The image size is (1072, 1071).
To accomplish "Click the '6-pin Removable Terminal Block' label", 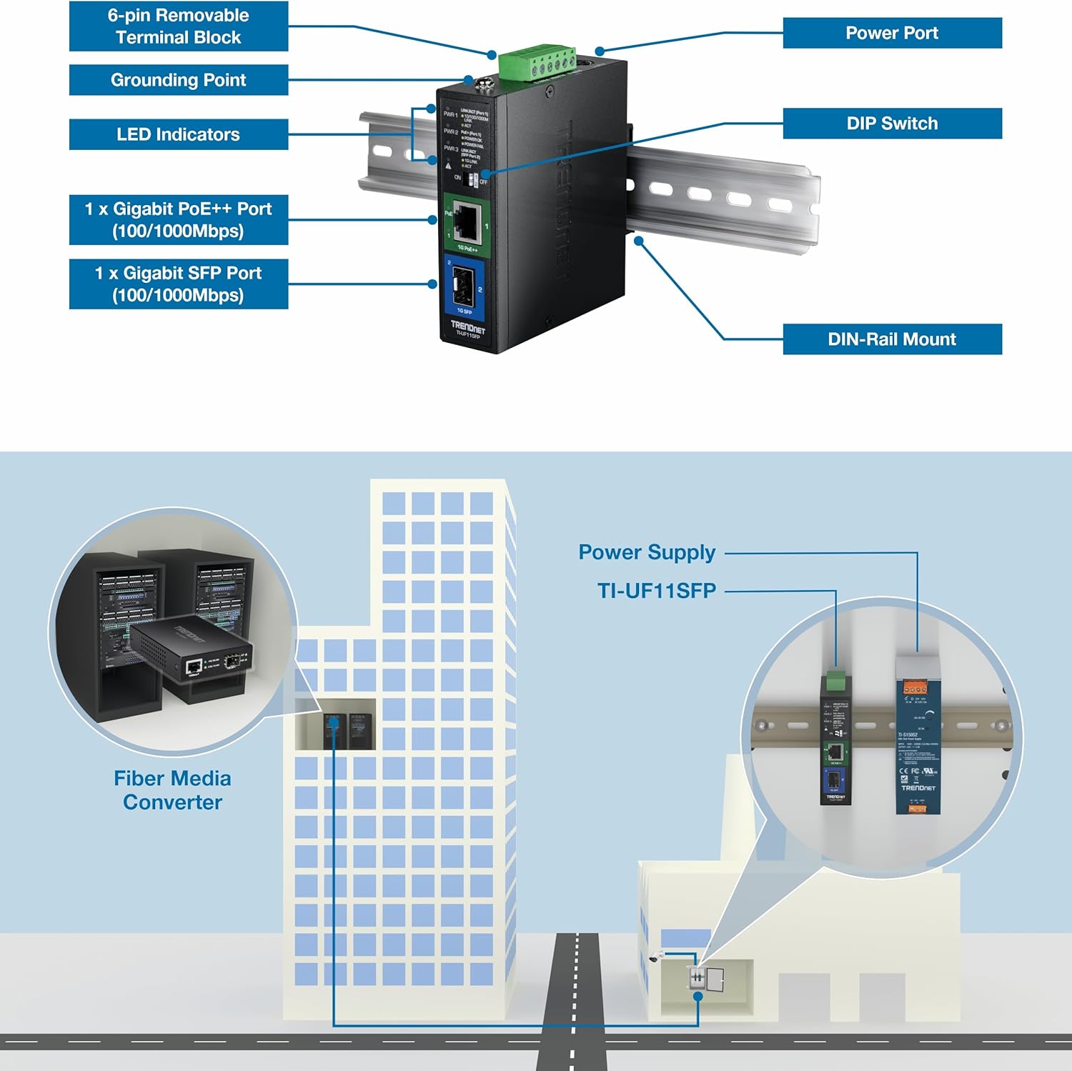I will (178, 26).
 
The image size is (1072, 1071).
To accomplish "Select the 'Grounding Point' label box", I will (178, 80).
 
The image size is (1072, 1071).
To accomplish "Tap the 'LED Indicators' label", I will (178, 134).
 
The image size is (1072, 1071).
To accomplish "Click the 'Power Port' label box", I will (892, 33).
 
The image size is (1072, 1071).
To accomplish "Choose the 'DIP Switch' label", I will (892, 124).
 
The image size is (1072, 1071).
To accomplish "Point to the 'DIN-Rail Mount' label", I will (892, 339).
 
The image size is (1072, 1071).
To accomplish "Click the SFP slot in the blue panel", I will (462, 287).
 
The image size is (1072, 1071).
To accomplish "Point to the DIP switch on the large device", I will (472, 179).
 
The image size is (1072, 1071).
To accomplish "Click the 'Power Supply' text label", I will (647, 552).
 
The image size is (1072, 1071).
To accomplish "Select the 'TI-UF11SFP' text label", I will (657, 591).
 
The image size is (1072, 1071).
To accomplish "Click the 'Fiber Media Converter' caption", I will (172, 790).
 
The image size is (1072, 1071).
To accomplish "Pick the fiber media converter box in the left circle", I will (192, 655).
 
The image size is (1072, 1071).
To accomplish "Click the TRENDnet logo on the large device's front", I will (467, 327).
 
